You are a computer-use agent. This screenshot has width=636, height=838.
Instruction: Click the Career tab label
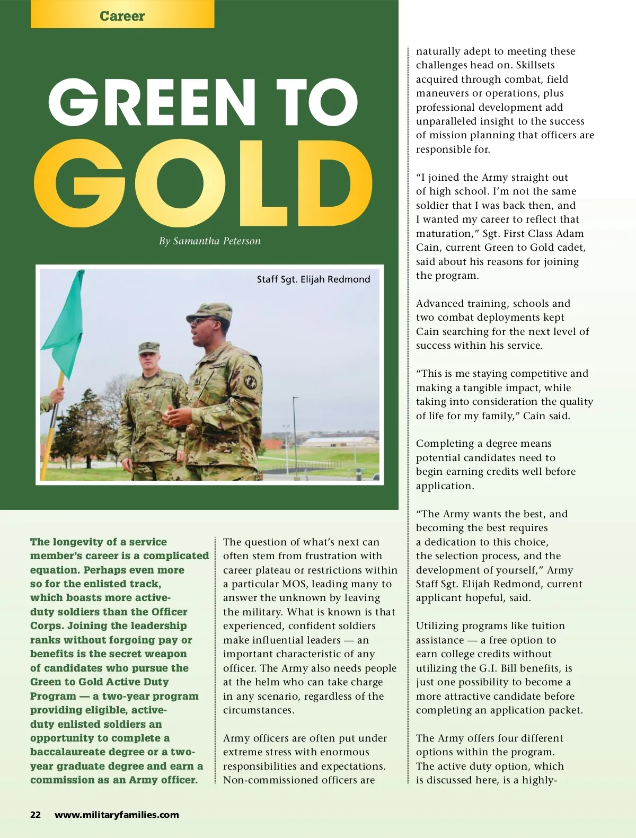tap(122, 16)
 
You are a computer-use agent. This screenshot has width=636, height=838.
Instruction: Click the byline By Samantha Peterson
tap(209, 241)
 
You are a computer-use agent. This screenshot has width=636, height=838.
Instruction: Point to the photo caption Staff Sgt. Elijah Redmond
tap(313, 279)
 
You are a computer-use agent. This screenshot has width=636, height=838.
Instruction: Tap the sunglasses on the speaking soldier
tap(200, 321)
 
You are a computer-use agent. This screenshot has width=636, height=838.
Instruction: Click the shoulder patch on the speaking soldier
tap(250, 382)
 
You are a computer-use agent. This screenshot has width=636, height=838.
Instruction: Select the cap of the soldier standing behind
tap(148, 347)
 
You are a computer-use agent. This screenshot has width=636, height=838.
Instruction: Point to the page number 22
tap(36, 815)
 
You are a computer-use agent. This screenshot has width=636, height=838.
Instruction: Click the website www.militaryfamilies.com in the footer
tap(117, 815)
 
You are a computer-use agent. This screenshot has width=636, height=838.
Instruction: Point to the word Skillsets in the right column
tap(535, 65)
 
